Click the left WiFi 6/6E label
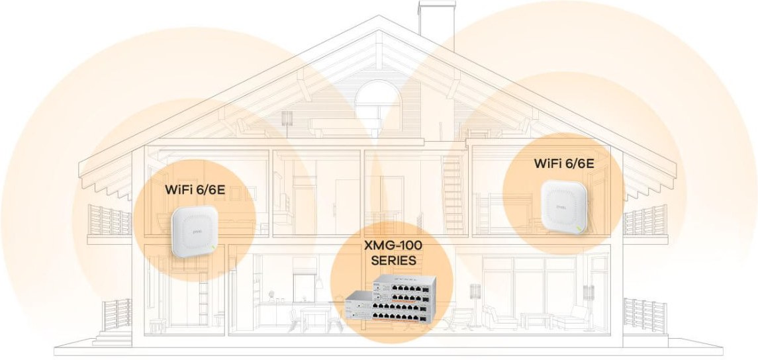[x=195, y=189]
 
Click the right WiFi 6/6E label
[x=563, y=163]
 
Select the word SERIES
[x=393, y=261]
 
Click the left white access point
[x=194, y=230]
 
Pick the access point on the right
[x=563, y=206]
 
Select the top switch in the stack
[x=404, y=288]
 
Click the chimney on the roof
[x=436, y=19]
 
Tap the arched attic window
[x=377, y=99]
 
